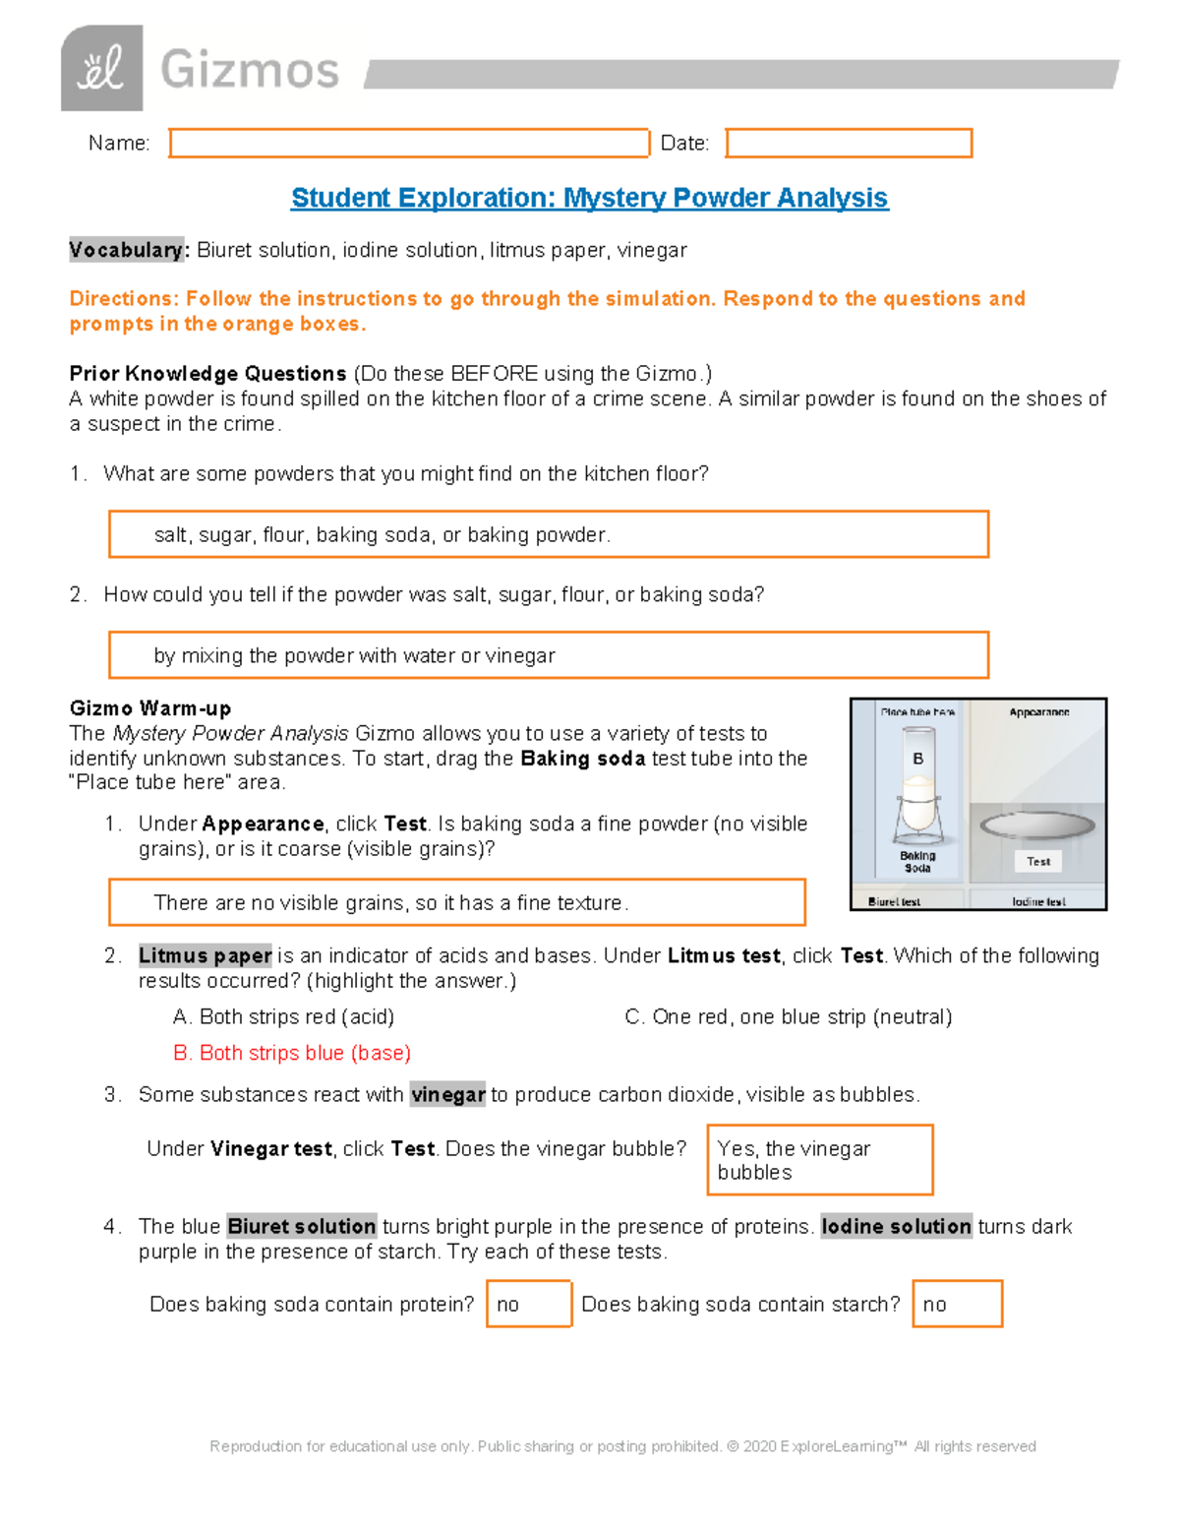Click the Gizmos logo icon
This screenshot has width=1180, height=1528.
(101, 68)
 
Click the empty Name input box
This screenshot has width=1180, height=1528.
(409, 144)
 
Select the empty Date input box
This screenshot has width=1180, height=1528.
(849, 144)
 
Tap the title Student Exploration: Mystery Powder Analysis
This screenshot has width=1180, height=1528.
(589, 198)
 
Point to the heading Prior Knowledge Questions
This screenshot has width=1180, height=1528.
(207, 374)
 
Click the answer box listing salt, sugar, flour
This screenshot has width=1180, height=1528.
(548, 535)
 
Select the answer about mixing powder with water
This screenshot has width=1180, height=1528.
(548, 656)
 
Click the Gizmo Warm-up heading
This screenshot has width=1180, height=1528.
(150, 708)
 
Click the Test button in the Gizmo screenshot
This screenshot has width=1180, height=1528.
(1038, 862)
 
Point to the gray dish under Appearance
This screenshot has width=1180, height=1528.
(1037, 825)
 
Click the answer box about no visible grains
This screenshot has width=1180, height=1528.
(456, 903)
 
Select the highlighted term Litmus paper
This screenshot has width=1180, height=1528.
(205, 956)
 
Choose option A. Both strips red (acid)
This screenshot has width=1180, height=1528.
(283, 1017)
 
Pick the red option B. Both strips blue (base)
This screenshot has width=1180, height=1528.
(292, 1054)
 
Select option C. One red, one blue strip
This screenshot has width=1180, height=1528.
(789, 1017)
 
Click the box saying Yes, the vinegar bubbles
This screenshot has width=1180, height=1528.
(819, 1161)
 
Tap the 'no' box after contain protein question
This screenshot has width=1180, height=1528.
(528, 1305)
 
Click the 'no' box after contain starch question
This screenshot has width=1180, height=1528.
(957, 1305)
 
